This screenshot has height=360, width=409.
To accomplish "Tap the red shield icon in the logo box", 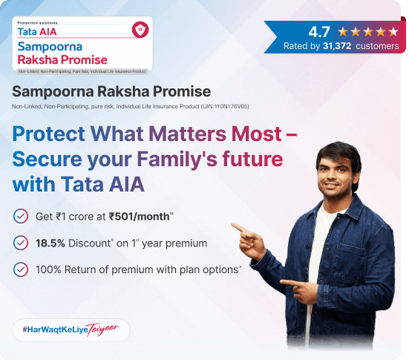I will tap(137, 30).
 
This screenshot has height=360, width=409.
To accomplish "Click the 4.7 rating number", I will tap(319, 32).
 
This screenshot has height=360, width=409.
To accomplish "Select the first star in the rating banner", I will tap(343, 32).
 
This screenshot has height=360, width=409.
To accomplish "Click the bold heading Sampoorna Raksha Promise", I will tap(111, 91).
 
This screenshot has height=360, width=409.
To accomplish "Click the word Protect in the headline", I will tap(48, 134).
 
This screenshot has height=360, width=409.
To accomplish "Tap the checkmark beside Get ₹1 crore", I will tap(21, 216).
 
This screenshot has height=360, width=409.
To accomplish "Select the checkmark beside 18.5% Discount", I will tap(21, 243).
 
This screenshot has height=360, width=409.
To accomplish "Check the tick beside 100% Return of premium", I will tap(21, 269).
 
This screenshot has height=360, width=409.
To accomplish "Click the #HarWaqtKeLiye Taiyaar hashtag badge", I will tap(71, 330).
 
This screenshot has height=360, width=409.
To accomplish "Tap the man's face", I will tap(338, 171).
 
